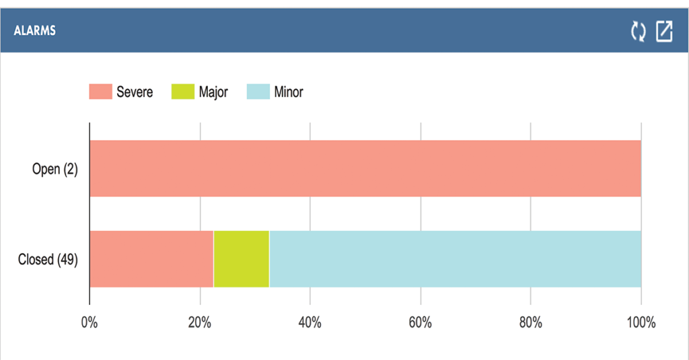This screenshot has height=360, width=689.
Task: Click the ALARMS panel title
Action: (x=34, y=31)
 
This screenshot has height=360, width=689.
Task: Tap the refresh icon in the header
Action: (x=638, y=31)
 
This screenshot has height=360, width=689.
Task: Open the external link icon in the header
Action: (x=664, y=31)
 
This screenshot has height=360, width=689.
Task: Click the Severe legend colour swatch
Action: (x=100, y=92)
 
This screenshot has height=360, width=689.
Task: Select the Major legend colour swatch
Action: (x=182, y=92)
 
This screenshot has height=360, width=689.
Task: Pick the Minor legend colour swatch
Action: (x=258, y=92)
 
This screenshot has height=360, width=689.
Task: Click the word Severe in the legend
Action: (x=135, y=92)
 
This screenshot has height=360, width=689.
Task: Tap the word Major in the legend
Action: (x=213, y=92)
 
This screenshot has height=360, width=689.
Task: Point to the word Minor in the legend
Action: (x=289, y=92)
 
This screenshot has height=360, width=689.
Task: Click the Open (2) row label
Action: (x=55, y=169)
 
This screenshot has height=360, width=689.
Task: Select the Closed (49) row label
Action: (x=48, y=259)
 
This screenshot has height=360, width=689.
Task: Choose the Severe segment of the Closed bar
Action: (x=151, y=259)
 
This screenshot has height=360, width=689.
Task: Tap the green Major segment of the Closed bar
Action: (x=241, y=259)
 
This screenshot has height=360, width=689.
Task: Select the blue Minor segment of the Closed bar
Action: (x=455, y=259)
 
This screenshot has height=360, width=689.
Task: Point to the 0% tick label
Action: (x=89, y=322)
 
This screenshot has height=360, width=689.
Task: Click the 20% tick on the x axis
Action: (x=200, y=322)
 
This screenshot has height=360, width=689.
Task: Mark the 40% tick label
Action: (x=310, y=322)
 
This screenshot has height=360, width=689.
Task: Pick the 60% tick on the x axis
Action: (x=421, y=322)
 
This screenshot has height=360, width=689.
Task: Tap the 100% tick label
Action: (x=641, y=322)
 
